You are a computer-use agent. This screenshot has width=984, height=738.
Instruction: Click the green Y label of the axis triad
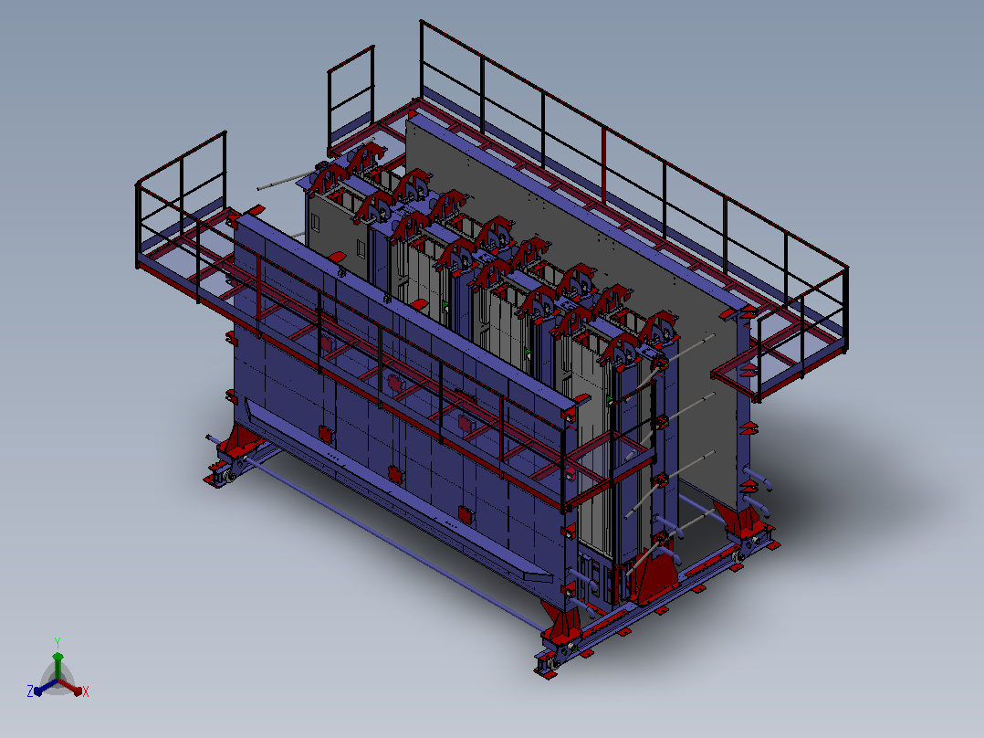tap(58, 642)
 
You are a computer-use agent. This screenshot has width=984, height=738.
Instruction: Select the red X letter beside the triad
tap(86, 691)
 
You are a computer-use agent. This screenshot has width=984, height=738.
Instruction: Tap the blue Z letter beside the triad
tap(30, 691)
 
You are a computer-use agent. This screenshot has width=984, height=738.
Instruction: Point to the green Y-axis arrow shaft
tap(58, 667)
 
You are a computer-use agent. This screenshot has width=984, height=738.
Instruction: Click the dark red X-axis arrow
tap(70, 686)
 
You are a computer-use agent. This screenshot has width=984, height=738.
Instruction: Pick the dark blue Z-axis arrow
tap(46, 687)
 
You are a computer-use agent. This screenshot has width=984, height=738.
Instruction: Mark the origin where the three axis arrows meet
tap(58, 680)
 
